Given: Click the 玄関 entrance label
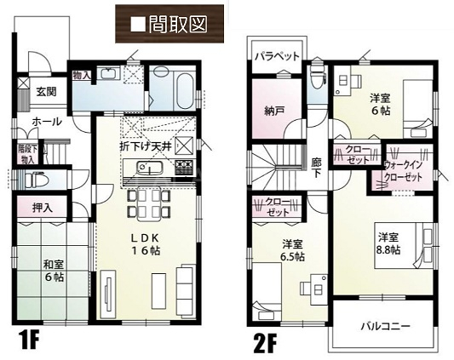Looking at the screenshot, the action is pyautogui.click(x=46, y=92).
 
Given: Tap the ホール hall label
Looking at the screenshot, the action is pyautogui.click(x=47, y=121).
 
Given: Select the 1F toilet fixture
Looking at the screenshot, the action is pyautogui.click(x=34, y=180).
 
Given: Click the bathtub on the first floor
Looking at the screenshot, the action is pyautogui.click(x=185, y=91).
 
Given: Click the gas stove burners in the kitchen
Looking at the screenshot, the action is pyautogui.click(x=184, y=168).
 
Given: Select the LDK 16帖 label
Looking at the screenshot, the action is pyautogui.click(x=146, y=244).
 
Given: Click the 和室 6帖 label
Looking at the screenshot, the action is pyautogui.click(x=54, y=271).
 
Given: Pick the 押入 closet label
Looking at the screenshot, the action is pyautogui.click(x=43, y=208).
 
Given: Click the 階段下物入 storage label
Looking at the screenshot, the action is pyautogui.click(x=28, y=154).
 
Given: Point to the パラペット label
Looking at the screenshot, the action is pyautogui.click(x=277, y=56).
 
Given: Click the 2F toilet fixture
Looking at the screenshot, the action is pyautogui.click(x=316, y=77).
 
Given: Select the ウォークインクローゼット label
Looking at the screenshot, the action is pyautogui.click(x=403, y=171).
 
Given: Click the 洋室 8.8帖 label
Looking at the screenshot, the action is pyautogui.click(x=388, y=243).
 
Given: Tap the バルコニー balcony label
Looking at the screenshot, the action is pyautogui.click(x=385, y=327).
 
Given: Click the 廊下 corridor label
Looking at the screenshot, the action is pyautogui.click(x=316, y=168).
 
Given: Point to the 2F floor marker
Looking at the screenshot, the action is pyautogui.click(x=265, y=343).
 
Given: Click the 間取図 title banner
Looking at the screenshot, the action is pyautogui.click(x=170, y=24).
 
